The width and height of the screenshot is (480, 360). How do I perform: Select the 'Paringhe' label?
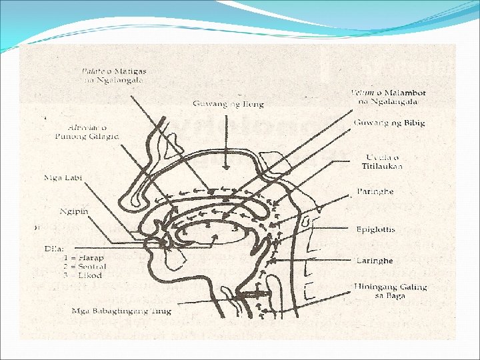point(375,191)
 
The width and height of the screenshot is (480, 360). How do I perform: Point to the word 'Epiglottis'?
point(375,229)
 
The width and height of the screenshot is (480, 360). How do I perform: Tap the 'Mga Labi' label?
point(61,178)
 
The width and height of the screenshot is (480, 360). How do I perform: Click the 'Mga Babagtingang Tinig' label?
point(122,311)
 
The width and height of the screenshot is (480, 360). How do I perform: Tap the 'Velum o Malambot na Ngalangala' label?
point(389,97)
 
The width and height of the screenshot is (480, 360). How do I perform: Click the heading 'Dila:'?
point(54,248)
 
